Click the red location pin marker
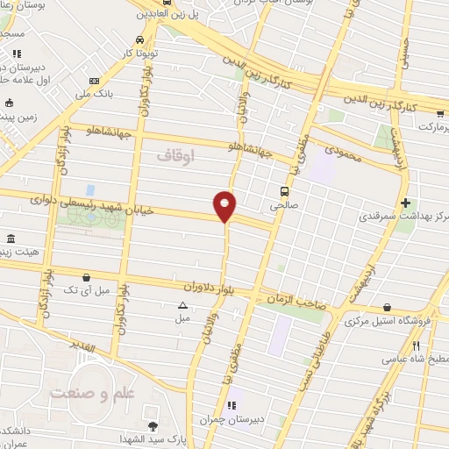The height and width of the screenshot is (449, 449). click(x=224, y=206)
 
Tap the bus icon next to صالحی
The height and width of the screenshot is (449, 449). click(x=284, y=190)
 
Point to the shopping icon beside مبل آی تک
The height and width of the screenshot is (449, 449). click(x=86, y=277)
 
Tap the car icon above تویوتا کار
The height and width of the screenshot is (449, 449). click(x=141, y=40)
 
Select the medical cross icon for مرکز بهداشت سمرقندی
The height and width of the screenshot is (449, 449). click(x=404, y=203)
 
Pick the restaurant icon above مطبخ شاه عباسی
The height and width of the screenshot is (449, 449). click(x=416, y=346)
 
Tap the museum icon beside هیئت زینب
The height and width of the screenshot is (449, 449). click(x=11, y=239)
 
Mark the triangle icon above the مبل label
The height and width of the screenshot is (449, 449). click(x=182, y=305)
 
